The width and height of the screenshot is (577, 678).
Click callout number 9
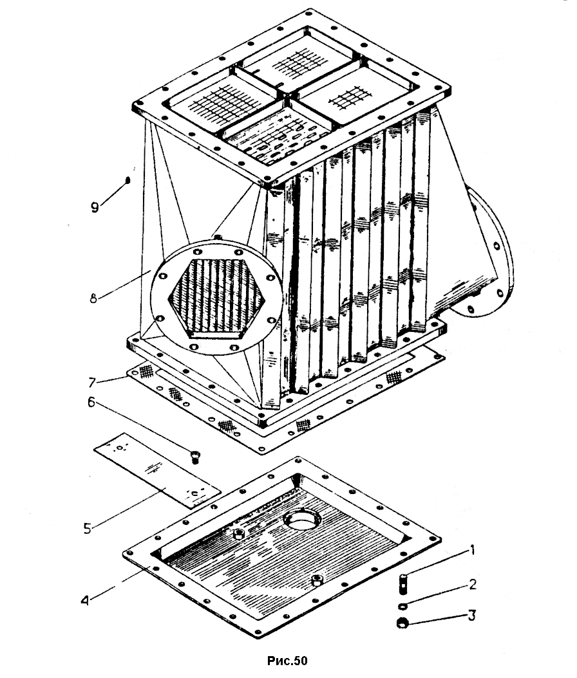[95, 206]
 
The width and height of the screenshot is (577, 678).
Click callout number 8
[93, 298]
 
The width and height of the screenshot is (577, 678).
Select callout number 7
[91, 382]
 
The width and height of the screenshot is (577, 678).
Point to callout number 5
[88, 528]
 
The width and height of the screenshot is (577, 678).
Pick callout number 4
[85, 601]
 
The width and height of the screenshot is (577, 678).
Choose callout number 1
[472, 551]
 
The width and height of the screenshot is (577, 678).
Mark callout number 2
[473, 584]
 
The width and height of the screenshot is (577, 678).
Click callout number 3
[472, 615]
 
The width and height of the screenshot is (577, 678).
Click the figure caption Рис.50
[287, 660]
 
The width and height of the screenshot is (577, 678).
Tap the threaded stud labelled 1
[402, 583]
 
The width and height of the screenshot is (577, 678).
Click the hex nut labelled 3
[402, 623]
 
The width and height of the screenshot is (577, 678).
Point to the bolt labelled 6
[196, 457]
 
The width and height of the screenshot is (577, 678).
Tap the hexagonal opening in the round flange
[216, 298]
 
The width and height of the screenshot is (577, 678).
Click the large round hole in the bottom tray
[303, 522]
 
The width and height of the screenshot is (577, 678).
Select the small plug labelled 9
[128, 180]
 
